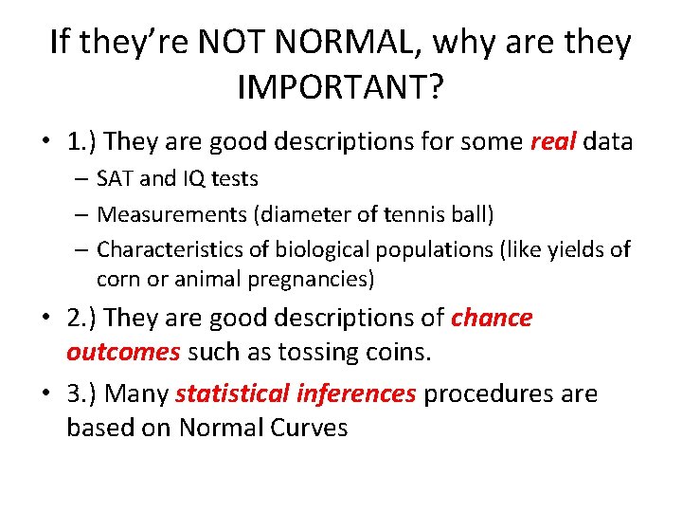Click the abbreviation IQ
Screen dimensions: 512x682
pyautogui.click(x=188, y=178)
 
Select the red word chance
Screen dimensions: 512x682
pyautogui.click(x=492, y=318)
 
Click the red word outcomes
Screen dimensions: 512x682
pyautogui.click(x=123, y=353)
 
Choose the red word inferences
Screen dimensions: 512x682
pyautogui.click(x=356, y=393)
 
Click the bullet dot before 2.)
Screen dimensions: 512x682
pyautogui.click(x=45, y=319)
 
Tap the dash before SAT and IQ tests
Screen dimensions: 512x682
pyautogui.click(x=83, y=179)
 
